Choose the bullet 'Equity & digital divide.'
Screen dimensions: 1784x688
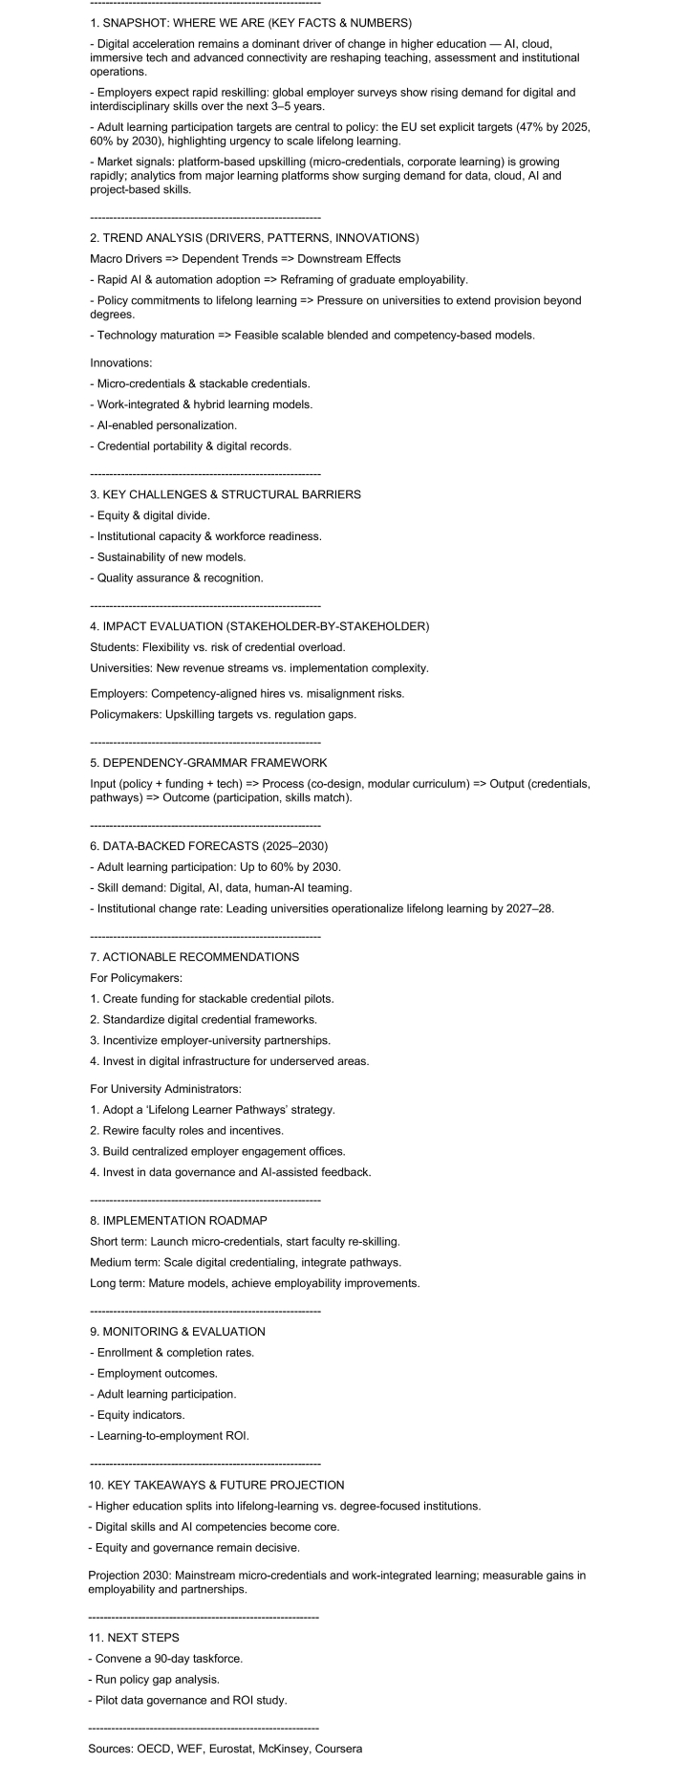coord(149,515)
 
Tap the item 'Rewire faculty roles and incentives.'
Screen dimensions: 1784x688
coord(186,1130)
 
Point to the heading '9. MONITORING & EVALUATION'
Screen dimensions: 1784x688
coord(177,1331)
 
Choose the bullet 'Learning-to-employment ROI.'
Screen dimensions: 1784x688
coord(168,1435)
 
